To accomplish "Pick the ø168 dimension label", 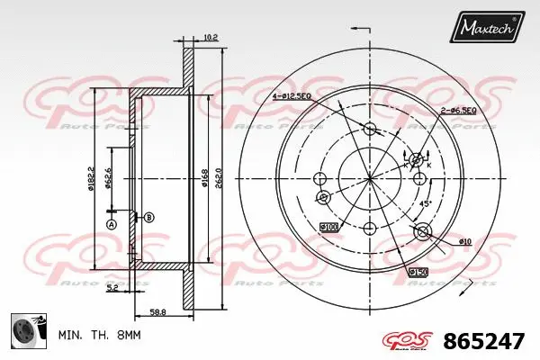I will click(x=205, y=176).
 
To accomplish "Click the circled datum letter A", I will click(x=112, y=223).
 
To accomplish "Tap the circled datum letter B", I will click(x=149, y=217).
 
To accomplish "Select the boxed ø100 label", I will click(x=328, y=227).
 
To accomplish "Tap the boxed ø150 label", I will click(x=418, y=272).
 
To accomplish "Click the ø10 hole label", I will click(x=464, y=241).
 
